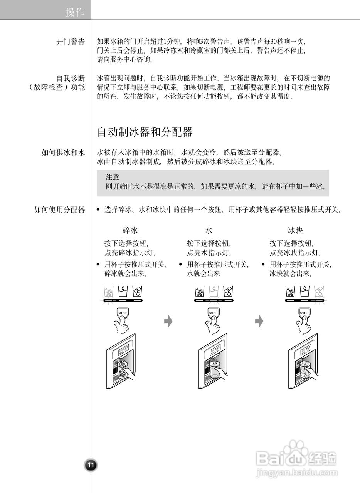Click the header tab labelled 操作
pos(75,13)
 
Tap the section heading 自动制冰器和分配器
pos(145,132)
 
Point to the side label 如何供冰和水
pos(63,153)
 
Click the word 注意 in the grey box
pos(112,178)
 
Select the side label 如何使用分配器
pos(59,210)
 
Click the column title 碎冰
pos(130,231)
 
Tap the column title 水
pos(209,231)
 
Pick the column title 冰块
pos(295,231)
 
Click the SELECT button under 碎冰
pos(123,313)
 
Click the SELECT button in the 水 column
pos(213,313)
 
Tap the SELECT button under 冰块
pos(304,313)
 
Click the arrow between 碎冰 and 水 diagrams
pos(168,321)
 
